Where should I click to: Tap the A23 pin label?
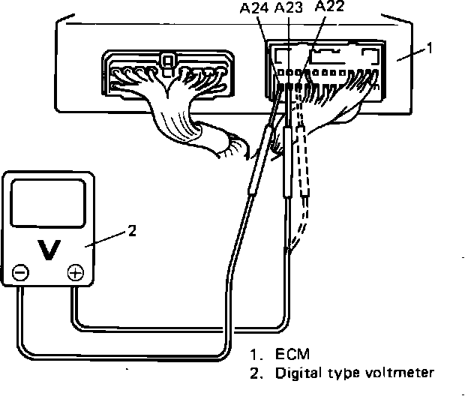[289, 9]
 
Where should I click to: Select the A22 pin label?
[330, 7]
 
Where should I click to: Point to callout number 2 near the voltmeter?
[132, 231]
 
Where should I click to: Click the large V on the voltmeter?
[49, 250]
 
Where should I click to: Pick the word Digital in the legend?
[297, 372]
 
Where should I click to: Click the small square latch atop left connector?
[169, 58]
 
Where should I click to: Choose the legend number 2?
[256, 372]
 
